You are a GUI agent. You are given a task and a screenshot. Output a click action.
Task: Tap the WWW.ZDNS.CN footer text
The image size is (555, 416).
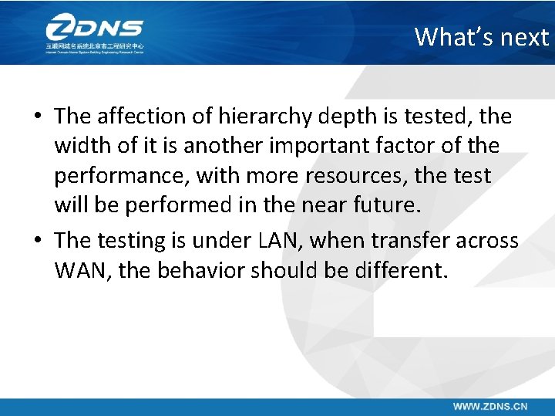[489, 405]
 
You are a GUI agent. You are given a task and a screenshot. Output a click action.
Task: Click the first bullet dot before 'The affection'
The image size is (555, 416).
[37, 117]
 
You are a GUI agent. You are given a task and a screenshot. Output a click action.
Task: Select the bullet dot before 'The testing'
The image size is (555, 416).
[37, 241]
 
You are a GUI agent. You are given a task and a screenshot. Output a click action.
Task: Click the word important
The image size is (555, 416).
[325, 146]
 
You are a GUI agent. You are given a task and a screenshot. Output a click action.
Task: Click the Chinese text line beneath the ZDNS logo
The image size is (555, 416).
[94, 47]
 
